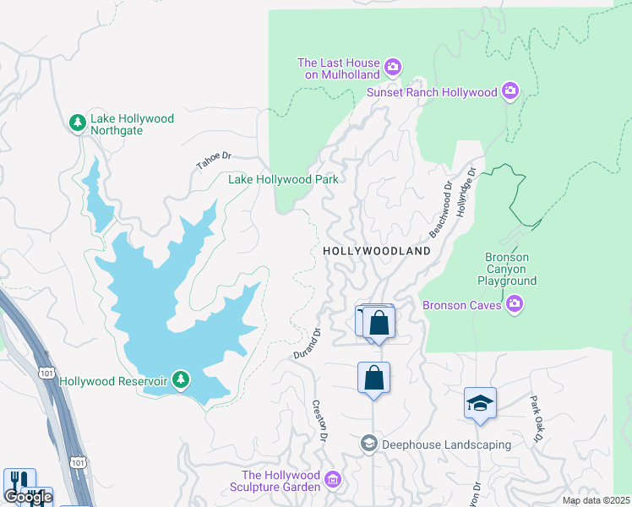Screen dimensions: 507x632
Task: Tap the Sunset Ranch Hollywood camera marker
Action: (x=509, y=90)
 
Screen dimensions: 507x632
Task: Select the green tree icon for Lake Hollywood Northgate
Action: (x=78, y=123)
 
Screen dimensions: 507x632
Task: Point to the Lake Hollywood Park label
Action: (x=283, y=179)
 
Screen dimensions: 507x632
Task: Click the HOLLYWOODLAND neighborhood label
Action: (x=377, y=251)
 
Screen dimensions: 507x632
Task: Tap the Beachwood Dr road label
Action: (x=440, y=207)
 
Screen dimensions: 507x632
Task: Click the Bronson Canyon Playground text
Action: (x=507, y=269)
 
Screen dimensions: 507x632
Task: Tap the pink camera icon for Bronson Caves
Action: (x=514, y=304)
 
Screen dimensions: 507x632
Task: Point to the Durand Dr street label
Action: (x=309, y=343)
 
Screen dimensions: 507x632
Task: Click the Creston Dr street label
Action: (x=319, y=421)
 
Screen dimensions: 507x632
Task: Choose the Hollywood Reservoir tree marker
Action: (x=180, y=380)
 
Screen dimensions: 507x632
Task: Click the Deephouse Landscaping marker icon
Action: (x=368, y=444)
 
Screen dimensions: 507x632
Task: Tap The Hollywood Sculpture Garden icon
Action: (x=333, y=481)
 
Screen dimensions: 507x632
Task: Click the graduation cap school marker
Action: (x=480, y=404)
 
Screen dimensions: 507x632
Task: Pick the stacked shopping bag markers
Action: (x=378, y=323)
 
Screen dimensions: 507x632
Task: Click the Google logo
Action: (x=27, y=496)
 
